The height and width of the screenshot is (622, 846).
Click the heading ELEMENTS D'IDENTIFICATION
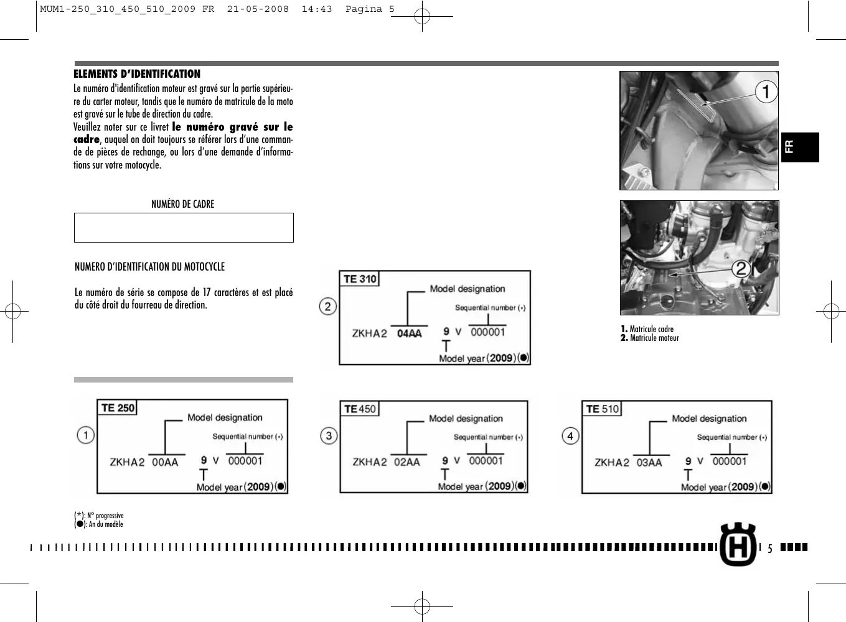[x=137, y=74]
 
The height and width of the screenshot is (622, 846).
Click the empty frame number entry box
[x=184, y=228]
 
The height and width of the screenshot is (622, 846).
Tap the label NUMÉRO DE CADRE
[x=182, y=204]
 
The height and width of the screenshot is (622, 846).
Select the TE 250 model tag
[x=118, y=408]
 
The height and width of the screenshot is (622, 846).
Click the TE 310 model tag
[x=360, y=279]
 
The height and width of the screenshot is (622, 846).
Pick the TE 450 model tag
[x=360, y=409]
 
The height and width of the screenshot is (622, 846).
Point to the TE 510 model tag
[x=602, y=409]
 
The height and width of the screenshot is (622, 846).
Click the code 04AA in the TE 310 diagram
[x=409, y=334]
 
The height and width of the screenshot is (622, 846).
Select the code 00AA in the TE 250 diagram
[x=165, y=463]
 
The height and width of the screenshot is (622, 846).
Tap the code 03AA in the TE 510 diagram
[x=649, y=463]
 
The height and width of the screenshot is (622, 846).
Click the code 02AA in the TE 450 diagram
[x=407, y=462]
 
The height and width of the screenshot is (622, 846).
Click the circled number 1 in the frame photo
[x=766, y=92]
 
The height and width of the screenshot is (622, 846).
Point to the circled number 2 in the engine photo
[x=741, y=269]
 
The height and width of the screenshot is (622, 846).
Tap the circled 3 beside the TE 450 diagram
[x=329, y=435]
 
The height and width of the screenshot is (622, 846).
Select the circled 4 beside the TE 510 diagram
[x=570, y=436]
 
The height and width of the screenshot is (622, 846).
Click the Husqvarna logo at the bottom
[x=738, y=545]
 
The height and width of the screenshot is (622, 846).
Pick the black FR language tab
[x=799, y=147]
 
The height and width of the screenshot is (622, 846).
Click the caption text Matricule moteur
[x=654, y=338]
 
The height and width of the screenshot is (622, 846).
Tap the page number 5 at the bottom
[x=769, y=549]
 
